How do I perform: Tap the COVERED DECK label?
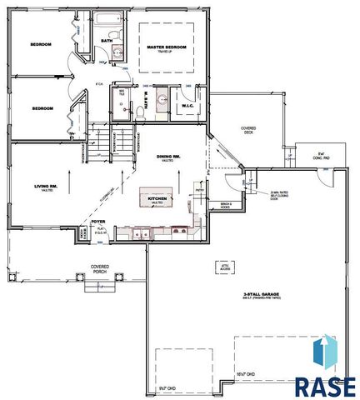[248, 129]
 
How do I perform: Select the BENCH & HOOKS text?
[226, 205]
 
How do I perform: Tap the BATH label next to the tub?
[107, 39]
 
